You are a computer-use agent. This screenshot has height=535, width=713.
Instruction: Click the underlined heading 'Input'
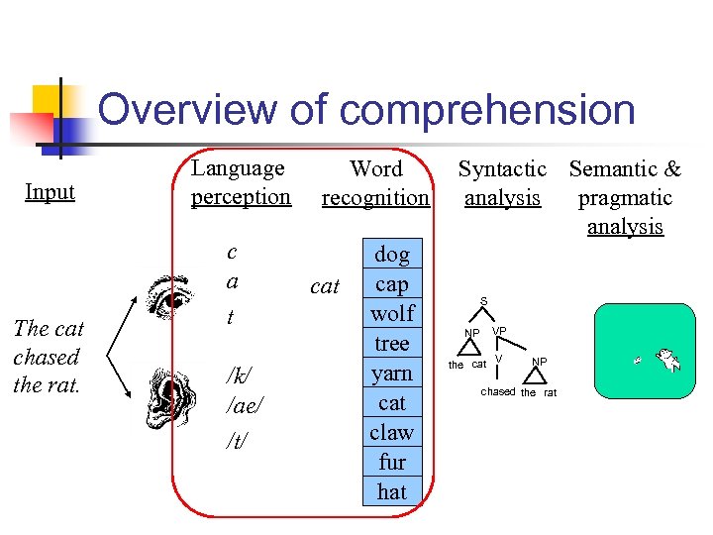[50, 192]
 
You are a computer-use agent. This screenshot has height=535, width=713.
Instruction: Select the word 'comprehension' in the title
[486, 111]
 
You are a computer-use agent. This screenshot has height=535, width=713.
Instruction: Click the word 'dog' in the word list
[392, 255]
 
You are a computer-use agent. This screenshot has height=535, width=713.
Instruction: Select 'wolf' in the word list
[392, 314]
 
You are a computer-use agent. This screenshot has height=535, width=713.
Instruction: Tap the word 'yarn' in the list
[392, 374]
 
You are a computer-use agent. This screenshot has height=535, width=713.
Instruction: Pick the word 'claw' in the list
[392, 433]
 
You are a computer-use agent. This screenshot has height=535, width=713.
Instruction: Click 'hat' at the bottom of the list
[392, 491]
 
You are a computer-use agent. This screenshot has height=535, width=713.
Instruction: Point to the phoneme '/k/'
[237, 374]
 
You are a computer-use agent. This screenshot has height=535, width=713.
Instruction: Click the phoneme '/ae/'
[242, 406]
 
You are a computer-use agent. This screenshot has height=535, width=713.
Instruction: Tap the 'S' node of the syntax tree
[483, 301]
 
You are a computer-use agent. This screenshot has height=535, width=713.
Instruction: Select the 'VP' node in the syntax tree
[499, 330]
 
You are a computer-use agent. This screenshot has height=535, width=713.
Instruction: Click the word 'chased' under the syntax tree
[498, 392]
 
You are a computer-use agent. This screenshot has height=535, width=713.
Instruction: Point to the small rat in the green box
[640, 360]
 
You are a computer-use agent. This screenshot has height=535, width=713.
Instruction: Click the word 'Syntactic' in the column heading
[502, 170]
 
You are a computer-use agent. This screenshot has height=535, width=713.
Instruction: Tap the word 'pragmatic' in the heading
[625, 198]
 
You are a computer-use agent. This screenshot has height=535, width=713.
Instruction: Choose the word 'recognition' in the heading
[375, 198]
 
